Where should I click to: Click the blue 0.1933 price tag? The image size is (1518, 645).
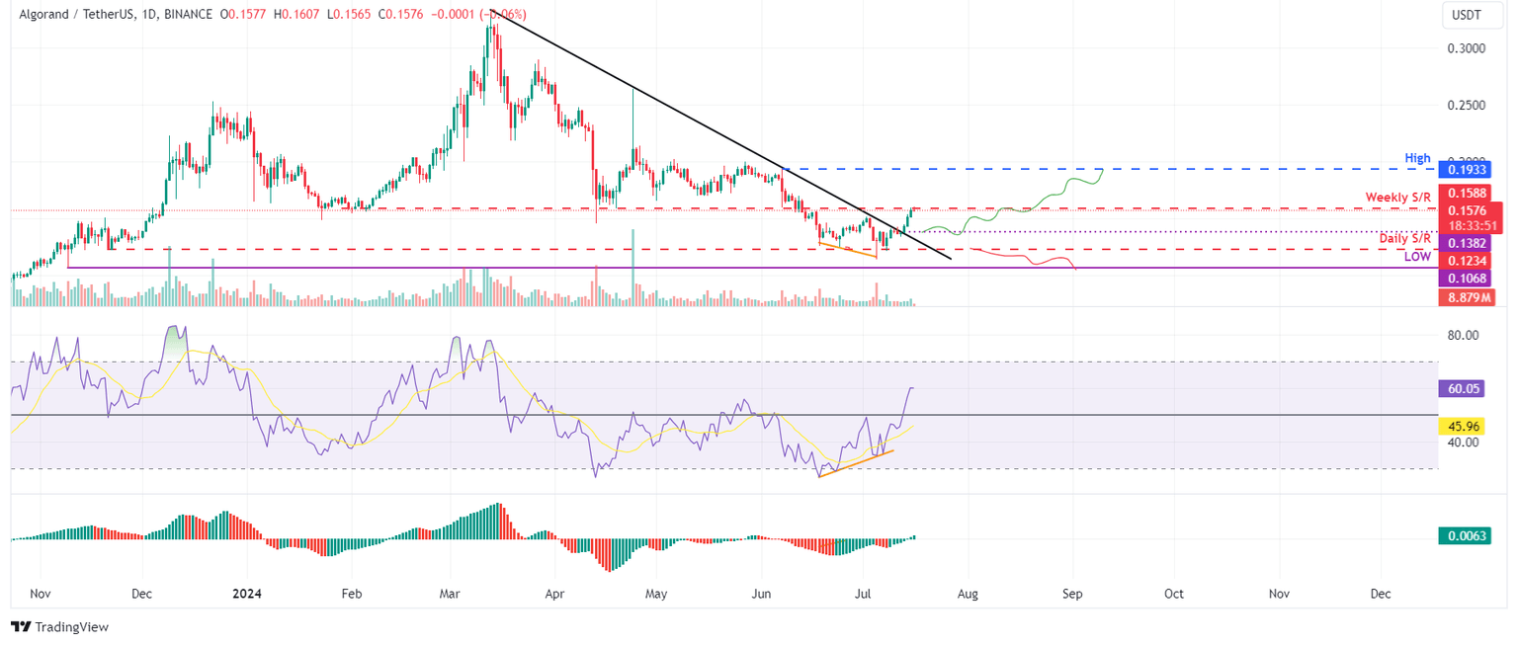coord(1468,170)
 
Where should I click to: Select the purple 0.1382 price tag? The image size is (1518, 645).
coord(1468,243)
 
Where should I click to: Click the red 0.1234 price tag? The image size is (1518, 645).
coord(1468,261)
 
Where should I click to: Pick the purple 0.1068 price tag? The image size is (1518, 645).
coord(1468,279)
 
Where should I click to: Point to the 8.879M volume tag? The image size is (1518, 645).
coord(1468,296)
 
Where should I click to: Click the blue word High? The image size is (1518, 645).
coord(1417,158)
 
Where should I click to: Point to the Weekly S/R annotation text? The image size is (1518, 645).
coord(1398,198)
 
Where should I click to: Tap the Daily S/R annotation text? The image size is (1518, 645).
coord(1405,238)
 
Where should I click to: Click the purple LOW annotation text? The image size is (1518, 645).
coord(1417,257)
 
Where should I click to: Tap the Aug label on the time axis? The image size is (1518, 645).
coord(969,595)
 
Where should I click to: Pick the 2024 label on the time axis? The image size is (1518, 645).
coord(245,595)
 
